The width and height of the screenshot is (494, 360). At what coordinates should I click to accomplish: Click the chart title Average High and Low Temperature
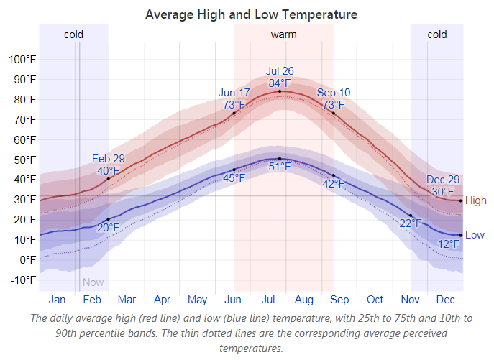(251, 14)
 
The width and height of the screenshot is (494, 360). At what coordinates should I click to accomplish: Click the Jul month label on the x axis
(268, 300)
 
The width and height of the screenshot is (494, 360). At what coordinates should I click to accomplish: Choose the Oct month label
(375, 300)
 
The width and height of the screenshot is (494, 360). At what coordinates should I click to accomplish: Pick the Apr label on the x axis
(162, 300)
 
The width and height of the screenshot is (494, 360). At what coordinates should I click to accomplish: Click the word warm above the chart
(283, 34)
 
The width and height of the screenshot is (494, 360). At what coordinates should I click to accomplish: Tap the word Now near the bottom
(93, 282)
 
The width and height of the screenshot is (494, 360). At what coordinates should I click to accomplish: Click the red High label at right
(476, 201)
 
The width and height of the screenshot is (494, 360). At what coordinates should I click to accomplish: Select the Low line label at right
(475, 235)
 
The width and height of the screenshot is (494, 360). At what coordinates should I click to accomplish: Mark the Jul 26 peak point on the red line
(280, 91)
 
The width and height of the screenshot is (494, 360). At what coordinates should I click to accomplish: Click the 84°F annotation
(280, 83)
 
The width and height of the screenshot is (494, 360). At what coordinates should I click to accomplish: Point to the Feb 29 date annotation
(109, 159)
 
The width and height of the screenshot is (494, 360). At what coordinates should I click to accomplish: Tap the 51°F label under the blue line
(280, 167)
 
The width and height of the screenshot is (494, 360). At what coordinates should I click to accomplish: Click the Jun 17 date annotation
(234, 93)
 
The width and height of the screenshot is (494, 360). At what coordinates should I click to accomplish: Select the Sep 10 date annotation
(334, 93)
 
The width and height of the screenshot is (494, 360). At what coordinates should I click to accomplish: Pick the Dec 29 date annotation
(443, 180)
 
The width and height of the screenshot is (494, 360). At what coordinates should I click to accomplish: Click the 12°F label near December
(449, 245)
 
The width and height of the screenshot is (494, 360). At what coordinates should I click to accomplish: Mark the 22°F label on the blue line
(410, 223)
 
